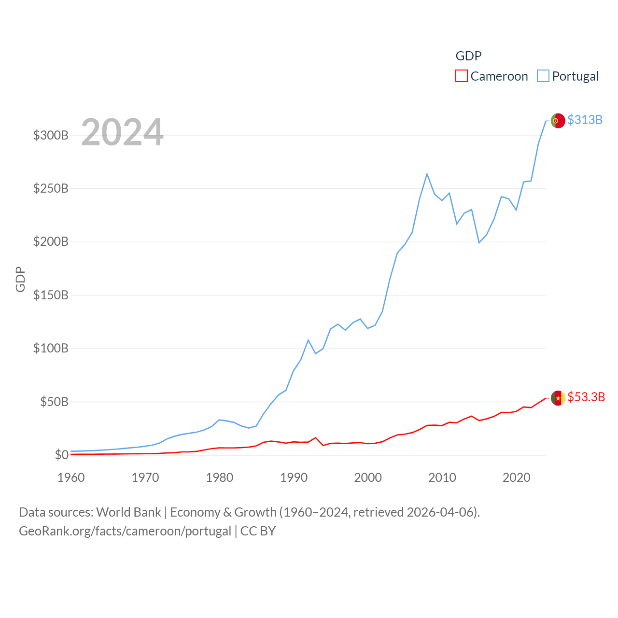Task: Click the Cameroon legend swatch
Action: click(462, 76)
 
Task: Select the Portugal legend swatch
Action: click(543, 76)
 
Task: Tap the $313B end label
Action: click(585, 120)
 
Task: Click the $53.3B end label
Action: click(586, 397)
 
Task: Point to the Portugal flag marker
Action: click(558, 121)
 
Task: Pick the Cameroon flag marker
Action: click(558, 398)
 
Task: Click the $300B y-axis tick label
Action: click(51, 135)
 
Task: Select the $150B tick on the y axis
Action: click(51, 295)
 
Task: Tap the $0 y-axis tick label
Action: click(61, 455)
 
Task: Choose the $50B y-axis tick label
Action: click(54, 402)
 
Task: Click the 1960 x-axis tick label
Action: click(71, 478)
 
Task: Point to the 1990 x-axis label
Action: click(294, 478)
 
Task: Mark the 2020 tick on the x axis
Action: click(516, 478)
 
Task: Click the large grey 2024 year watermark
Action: click(122, 132)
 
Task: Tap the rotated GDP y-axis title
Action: click(20, 279)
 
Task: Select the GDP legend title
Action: click(468, 56)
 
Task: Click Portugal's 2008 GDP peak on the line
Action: click(427, 174)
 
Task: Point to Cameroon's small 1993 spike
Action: click(315, 438)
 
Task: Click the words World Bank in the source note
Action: click(128, 512)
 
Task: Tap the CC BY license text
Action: click(258, 531)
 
